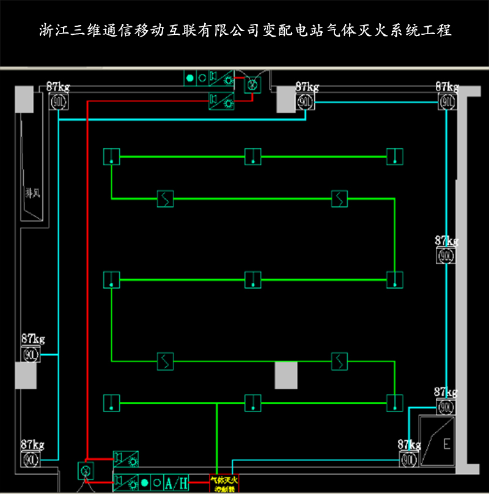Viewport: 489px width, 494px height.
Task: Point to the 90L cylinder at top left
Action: (59, 100)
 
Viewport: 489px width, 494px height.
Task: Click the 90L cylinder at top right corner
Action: (447, 100)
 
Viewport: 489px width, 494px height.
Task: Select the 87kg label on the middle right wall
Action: (446, 241)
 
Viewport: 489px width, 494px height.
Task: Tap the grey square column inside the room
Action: (285, 375)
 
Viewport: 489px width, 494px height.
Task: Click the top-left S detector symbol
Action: (166, 198)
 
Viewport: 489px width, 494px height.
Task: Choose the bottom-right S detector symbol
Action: (339, 361)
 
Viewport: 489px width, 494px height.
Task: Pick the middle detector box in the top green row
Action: (253, 157)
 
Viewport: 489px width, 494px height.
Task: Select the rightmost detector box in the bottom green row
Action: (395, 402)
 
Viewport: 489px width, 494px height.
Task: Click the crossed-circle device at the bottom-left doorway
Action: (86, 471)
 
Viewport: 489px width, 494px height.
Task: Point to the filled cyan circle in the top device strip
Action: (189, 78)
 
